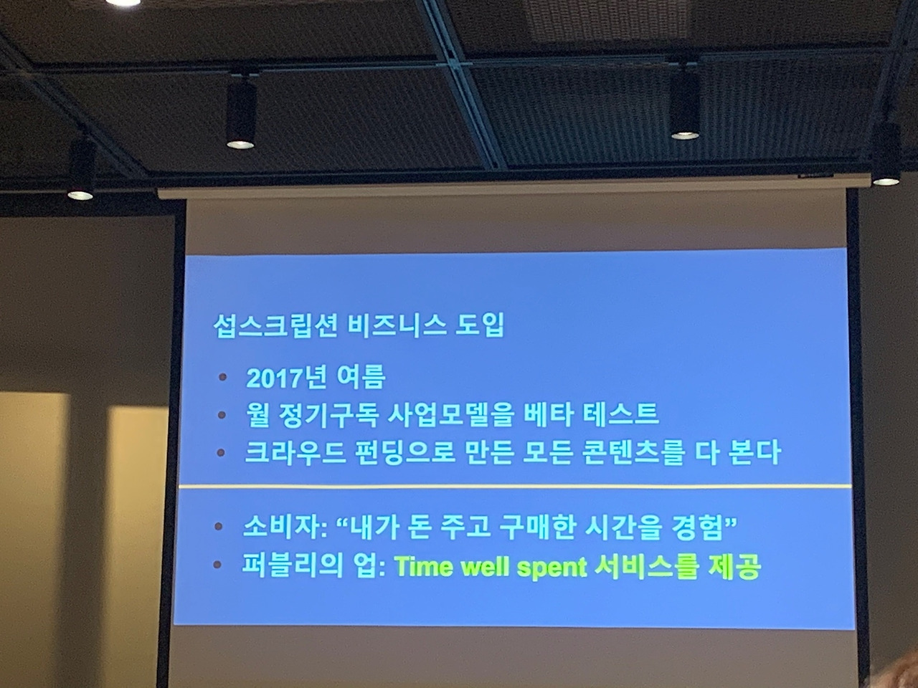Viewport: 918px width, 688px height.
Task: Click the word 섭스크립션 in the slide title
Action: pos(268,326)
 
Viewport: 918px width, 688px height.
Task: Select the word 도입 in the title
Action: pos(481,326)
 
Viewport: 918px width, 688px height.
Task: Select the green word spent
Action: pos(553,568)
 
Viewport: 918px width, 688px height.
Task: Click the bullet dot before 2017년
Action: pos(224,377)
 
